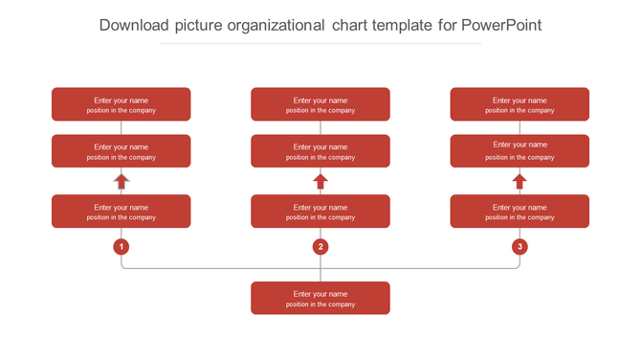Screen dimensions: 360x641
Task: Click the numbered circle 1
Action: [x=122, y=247]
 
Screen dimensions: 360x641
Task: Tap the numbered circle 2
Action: [x=320, y=247]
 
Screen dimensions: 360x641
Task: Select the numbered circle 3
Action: [x=519, y=247]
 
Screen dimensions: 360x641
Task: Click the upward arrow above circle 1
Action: [x=122, y=181]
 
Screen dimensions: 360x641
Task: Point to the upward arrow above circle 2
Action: [x=320, y=181]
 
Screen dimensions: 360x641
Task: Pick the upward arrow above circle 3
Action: [x=519, y=181]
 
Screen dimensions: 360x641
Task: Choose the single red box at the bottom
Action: [x=320, y=298]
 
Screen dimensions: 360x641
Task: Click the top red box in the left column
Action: [x=122, y=104]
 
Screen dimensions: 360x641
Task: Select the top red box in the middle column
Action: [x=320, y=104]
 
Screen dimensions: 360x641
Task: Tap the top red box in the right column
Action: [x=519, y=104]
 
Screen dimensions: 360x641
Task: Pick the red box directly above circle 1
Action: [x=122, y=212]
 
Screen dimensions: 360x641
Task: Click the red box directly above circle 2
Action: [x=320, y=212]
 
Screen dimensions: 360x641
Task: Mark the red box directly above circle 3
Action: [x=519, y=212]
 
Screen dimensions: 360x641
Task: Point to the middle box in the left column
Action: [x=122, y=151]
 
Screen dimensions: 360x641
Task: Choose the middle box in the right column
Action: [x=519, y=151]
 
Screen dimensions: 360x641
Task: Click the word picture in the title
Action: [x=202, y=26]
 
